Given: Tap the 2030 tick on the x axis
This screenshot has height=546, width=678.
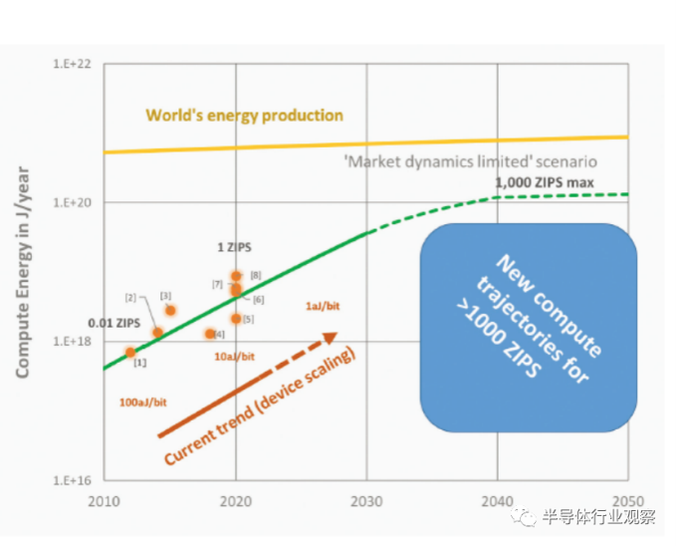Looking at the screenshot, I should [367, 499].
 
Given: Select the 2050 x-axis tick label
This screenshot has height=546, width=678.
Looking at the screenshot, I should [628, 499].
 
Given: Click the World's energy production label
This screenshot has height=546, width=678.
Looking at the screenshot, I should [244, 116].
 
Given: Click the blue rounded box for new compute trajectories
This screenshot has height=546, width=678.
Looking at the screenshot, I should [528, 327].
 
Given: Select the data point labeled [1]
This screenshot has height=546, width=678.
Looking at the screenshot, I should [130, 352].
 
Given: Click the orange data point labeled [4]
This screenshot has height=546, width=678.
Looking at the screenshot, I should [210, 334].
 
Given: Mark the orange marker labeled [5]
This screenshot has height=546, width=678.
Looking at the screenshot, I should [236, 319].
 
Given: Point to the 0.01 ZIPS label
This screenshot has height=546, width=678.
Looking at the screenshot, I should [113, 323].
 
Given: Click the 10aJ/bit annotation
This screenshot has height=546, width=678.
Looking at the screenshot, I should [235, 356].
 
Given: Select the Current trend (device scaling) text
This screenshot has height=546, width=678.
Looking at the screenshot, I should [260, 408].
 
